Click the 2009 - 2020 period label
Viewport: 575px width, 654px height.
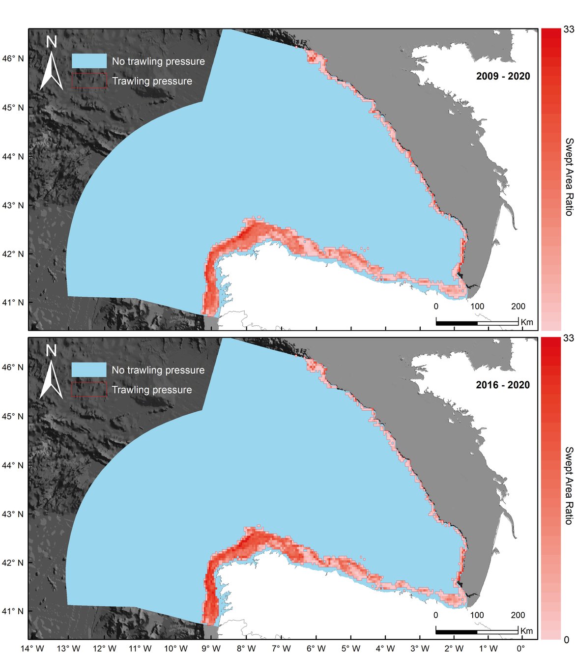pyautogui.click(x=503, y=76)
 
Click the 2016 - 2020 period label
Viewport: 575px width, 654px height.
pyautogui.click(x=503, y=385)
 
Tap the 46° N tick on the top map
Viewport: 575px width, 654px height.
pyautogui.click(x=14, y=58)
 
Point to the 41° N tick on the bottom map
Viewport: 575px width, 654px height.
pyautogui.click(x=14, y=611)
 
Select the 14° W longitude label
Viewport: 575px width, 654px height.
pyautogui.click(x=33, y=648)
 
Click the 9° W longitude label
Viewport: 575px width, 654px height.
pyautogui.click(x=212, y=648)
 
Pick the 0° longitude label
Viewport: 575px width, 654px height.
pyautogui.click(x=520, y=648)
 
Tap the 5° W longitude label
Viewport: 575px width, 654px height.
pyautogui.click(x=351, y=648)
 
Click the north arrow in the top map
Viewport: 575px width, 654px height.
pyautogui.click(x=51, y=64)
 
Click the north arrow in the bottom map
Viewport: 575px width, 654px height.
pyautogui.click(x=51, y=372)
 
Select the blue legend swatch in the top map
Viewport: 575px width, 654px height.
pyautogui.click(x=89, y=61)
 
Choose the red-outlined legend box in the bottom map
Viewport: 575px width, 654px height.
pyautogui.click(x=89, y=389)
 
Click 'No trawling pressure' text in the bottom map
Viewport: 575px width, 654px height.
pyautogui.click(x=158, y=370)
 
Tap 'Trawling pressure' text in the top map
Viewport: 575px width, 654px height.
pyautogui.click(x=152, y=81)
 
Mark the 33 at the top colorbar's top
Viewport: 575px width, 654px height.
pyautogui.click(x=569, y=30)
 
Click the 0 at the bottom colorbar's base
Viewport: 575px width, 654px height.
pyautogui.click(x=567, y=640)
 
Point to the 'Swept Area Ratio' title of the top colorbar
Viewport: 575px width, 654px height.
pyautogui.click(x=569, y=177)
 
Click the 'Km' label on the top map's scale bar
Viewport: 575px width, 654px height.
pyautogui.click(x=526, y=322)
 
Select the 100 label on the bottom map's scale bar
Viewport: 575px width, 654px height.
pyautogui.click(x=477, y=615)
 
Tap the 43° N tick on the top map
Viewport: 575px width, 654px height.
pyautogui.click(x=14, y=205)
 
